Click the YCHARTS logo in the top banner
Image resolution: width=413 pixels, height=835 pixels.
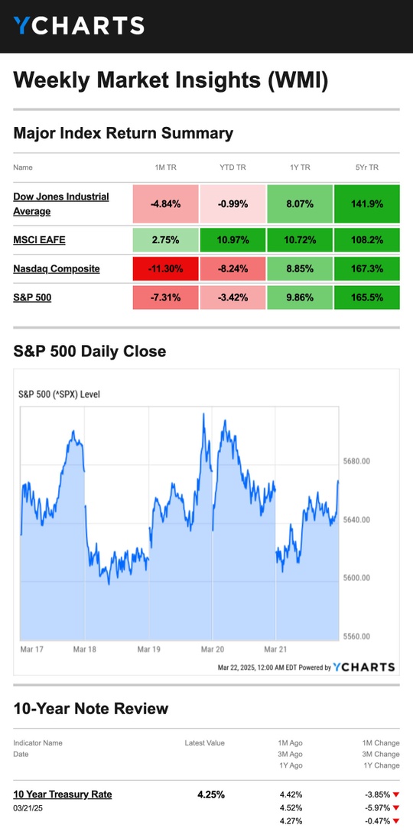79,25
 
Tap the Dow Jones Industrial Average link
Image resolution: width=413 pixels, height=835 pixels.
60,204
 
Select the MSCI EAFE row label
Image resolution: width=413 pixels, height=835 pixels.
40,239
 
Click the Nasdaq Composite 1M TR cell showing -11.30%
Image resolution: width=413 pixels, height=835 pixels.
166,269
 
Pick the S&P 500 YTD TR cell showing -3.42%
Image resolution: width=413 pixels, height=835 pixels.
233,297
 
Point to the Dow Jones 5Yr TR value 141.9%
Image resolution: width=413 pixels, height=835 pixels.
366,204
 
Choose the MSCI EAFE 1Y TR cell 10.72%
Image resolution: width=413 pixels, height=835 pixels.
300,240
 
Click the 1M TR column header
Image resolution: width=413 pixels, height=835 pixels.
166,167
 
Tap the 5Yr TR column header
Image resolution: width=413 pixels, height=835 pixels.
366,167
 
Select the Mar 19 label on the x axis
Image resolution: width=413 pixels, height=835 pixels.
148,650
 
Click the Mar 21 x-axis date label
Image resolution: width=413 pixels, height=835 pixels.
276,650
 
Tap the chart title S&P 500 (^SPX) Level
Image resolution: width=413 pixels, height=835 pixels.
59,395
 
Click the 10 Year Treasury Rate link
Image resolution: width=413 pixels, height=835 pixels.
63,794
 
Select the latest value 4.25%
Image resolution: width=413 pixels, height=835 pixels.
211,794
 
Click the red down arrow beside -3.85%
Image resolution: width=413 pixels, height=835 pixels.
396,794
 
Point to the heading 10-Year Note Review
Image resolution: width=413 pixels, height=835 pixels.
90,709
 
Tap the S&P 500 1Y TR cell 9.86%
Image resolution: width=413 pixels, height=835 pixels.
300,297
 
